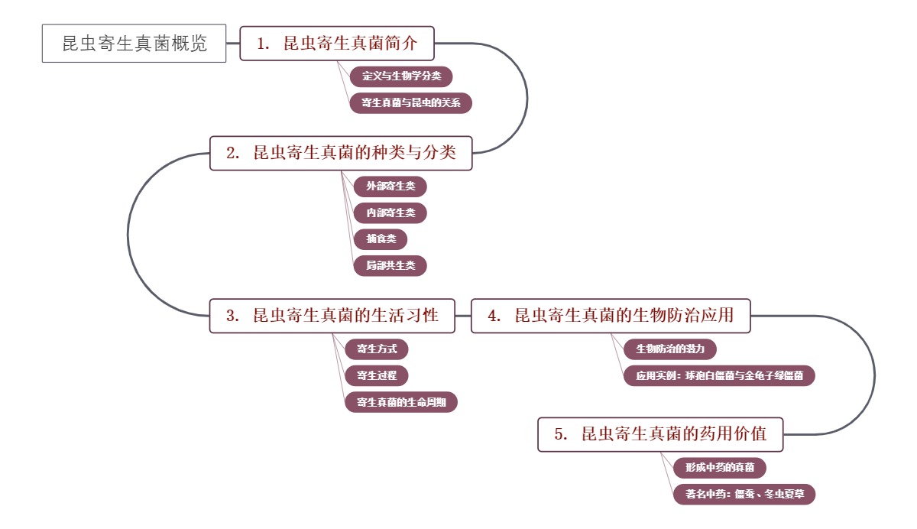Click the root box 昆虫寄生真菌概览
[134, 44]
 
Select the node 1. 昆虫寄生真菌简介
[337, 44]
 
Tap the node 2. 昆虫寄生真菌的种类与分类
[342, 153]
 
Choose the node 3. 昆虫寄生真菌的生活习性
[332, 316]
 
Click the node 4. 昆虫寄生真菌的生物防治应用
[611, 316]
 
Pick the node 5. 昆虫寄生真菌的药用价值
[662, 434]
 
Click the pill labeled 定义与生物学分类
[401, 76]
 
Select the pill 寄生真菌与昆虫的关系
[411, 102]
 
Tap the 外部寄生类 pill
[390, 186]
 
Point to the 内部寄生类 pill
[390, 213]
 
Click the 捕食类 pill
[381, 239]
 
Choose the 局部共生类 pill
[390, 265]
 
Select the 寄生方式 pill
[377, 349]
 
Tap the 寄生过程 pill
[377, 375]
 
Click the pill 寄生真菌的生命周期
[401, 401]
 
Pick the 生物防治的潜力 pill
[670, 349]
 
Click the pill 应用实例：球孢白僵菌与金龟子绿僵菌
[719, 375]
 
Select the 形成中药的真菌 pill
[719, 467]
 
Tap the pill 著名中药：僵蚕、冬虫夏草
[744, 494]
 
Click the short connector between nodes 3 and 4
[463, 316]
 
